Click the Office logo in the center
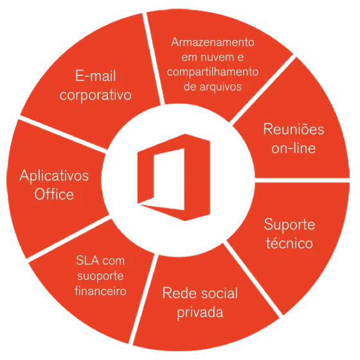point(174,177)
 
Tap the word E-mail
point(96,76)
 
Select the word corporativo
point(96,94)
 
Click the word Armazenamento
point(213,42)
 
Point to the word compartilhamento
point(213,72)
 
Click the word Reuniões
point(293,129)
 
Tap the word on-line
point(293,148)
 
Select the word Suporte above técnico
point(289,224)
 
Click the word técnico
point(289,243)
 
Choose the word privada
point(200,312)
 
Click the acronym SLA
point(87,260)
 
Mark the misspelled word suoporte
point(100,276)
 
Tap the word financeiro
point(100,291)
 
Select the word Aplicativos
point(54,176)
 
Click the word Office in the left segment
point(54,194)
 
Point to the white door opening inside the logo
point(169,179)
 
